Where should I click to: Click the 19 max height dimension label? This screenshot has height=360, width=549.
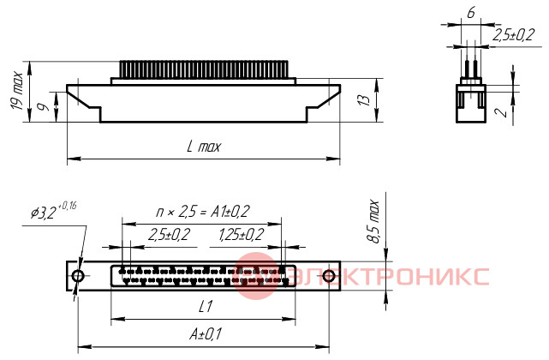tap(16, 91)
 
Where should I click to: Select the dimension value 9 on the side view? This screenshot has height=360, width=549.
tap(45, 106)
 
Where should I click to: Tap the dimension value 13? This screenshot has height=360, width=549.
tap(364, 100)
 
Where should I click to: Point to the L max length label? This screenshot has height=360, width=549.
tap(204, 147)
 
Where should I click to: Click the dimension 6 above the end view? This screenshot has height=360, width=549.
tap(471, 13)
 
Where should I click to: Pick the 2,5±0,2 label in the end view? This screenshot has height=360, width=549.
tap(514, 34)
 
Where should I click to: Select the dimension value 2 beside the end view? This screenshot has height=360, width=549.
tap(501, 111)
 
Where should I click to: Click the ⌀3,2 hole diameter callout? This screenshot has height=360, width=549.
tap(53, 210)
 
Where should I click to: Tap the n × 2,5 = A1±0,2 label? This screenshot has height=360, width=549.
tap(203, 212)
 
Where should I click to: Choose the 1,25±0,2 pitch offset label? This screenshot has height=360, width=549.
tap(242, 235)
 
